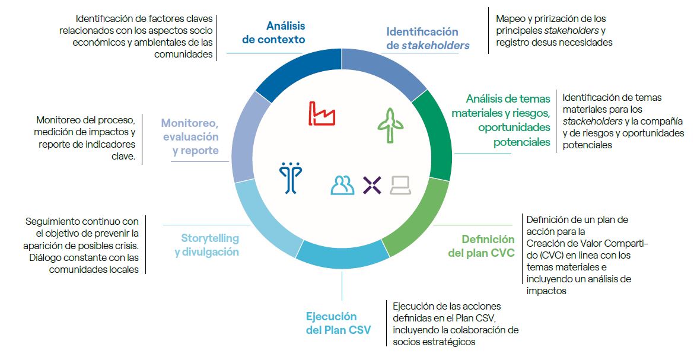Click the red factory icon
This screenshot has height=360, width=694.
(x=322, y=113)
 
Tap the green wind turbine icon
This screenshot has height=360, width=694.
(x=390, y=125)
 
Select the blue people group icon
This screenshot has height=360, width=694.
(x=342, y=186)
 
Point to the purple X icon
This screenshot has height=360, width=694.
(x=372, y=185)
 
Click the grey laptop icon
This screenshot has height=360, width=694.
(x=401, y=186)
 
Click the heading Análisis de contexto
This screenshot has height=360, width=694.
(x=274, y=33)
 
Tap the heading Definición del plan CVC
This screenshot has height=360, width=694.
(x=481, y=246)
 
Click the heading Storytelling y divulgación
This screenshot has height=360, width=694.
(x=207, y=245)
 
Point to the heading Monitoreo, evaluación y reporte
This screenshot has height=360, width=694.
(x=189, y=137)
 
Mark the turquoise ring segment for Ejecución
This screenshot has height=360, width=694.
(x=341, y=256)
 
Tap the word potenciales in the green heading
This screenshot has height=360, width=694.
(x=521, y=142)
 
